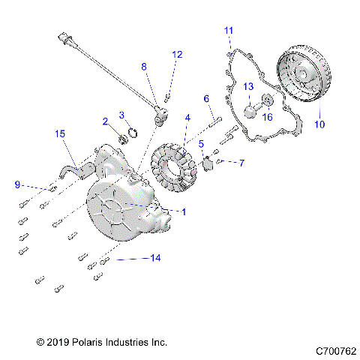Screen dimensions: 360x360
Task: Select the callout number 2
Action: [x=106, y=121]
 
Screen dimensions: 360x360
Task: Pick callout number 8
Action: [x=144, y=66]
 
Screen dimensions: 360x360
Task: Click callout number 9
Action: [x=16, y=184]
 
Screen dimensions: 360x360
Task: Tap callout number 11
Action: [x=229, y=30]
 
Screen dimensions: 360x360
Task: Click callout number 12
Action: [x=177, y=54]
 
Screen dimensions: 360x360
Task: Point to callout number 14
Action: [x=154, y=258]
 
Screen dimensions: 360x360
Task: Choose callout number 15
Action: [x=60, y=133]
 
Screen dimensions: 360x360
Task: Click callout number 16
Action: [x=268, y=116]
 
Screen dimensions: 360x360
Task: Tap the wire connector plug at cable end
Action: [x=62, y=37]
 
